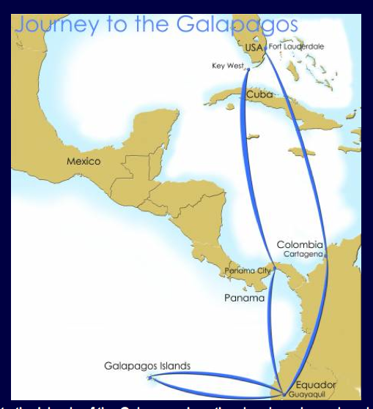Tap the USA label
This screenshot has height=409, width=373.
(254, 48)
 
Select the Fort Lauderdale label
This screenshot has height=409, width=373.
(296, 47)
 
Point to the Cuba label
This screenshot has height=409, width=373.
(259, 94)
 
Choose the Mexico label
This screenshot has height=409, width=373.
(84, 161)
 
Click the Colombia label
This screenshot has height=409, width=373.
(300, 244)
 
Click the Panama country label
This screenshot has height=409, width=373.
(244, 298)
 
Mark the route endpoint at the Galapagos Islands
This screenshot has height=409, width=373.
(151, 378)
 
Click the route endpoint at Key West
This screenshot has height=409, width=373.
(247, 70)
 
